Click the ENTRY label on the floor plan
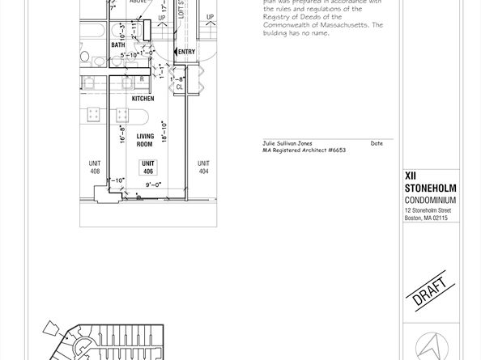click(186, 53)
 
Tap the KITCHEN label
click(143, 99)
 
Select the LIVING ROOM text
click(145, 140)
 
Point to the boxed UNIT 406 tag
click(148, 167)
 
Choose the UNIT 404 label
click(203, 167)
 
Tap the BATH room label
click(119, 45)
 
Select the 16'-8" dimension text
click(121, 133)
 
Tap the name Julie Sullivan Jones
click(288, 143)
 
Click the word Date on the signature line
click(377, 143)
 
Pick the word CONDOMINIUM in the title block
click(430, 200)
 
